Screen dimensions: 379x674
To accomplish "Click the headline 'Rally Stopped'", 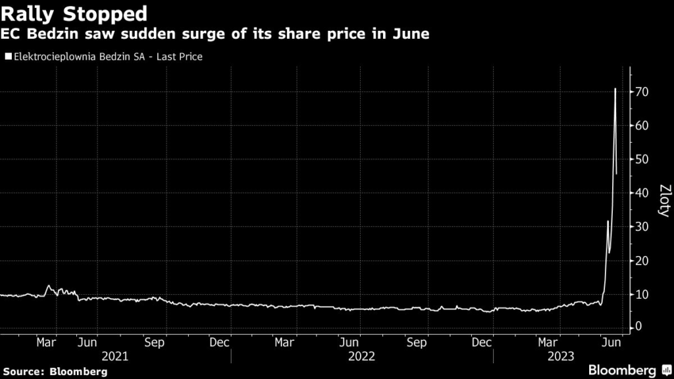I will [x=73, y=13].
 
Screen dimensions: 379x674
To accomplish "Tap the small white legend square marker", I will [x=8, y=57].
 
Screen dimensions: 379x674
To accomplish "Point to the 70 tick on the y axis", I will [x=644, y=91].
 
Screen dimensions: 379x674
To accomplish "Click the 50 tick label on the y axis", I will [x=644, y=159].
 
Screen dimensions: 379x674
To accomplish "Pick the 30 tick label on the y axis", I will [x=644, y=227].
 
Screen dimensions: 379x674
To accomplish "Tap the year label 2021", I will [x=116, y=356].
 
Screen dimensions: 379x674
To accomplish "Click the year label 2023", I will [x=560, y=356].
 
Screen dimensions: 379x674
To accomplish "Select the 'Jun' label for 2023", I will [x=612, y=342].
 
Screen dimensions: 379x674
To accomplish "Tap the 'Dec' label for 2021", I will [x=219, y=342].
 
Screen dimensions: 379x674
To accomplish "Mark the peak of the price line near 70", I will [x=615, y=89].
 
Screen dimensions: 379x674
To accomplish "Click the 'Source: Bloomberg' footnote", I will [x=54, y=372].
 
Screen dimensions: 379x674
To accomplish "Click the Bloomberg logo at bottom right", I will [x=629, y=370].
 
